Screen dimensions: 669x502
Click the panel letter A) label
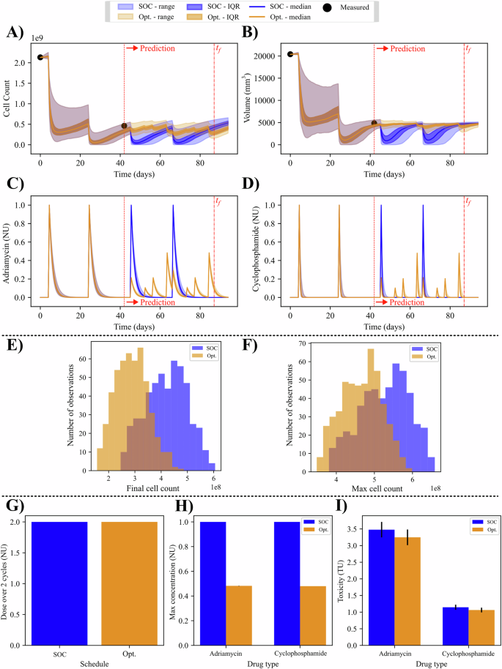tap(13, 33)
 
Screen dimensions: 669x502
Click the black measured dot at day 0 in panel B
tap(291, 54)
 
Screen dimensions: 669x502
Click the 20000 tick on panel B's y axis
tap(271, 56)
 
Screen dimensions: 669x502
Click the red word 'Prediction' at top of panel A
tap(158, 48)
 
